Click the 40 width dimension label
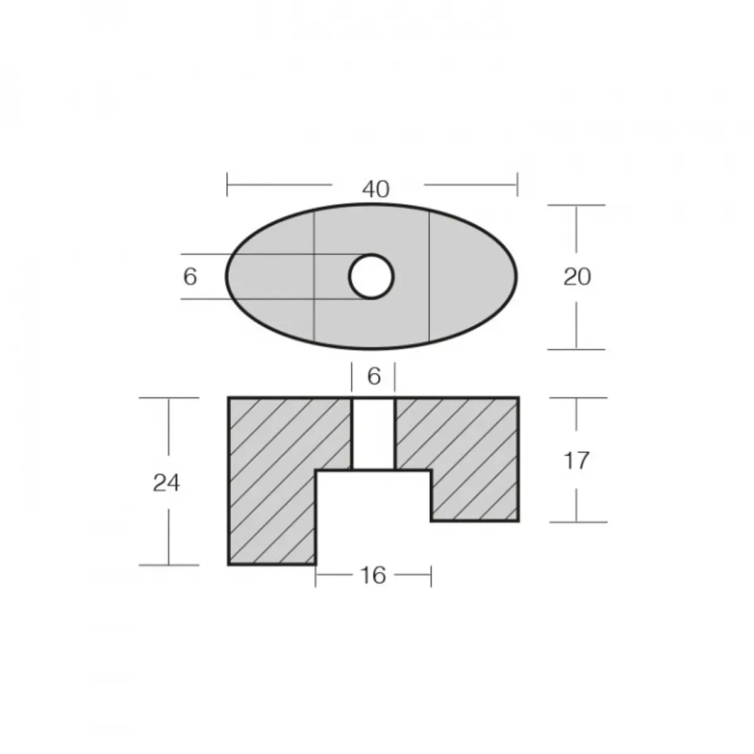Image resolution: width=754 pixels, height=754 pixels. tap(376, 188)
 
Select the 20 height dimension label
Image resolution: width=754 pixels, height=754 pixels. tap(577, 276)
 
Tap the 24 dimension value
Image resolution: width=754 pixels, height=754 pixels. tap(167, 483)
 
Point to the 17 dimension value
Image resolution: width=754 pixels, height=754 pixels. tap(576, 461)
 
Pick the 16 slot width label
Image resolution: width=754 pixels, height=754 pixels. tap(373, 575)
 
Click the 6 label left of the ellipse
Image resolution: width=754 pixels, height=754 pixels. tap(190, 276)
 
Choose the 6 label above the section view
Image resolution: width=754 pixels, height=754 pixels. tap(374, 376)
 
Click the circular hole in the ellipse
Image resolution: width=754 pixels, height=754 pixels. tap(371, 276)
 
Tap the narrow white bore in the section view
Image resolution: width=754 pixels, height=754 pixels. tap(373, 434)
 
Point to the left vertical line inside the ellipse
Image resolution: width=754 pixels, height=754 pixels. tap(314, 276)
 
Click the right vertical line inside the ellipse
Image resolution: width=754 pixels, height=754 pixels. tap(429, 276)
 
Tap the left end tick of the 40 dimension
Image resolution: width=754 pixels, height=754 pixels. tap(227, 185)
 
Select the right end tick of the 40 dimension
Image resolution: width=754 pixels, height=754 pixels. tap(517, 185)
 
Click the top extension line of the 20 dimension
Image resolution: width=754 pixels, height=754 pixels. tap(576, 205)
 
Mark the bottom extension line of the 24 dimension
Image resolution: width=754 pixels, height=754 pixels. tap(168, 565)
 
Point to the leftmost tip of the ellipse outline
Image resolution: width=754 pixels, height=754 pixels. tap(227, 276)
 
